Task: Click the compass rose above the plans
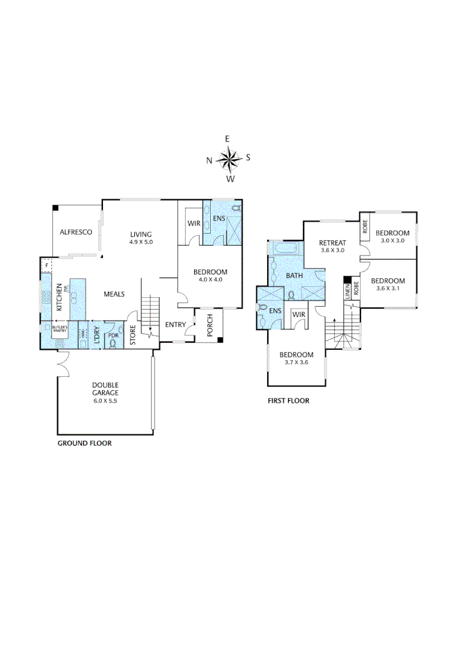[228, 159]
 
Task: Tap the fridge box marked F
[46, 265]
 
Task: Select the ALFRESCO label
[75, 233]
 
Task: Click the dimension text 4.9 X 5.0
[141, 242]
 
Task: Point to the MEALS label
[114, 294]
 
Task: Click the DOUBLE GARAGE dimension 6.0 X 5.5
[105, 401]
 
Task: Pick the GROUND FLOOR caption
[84, 444]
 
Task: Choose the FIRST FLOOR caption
[288, 401]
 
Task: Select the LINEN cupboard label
[347, 292]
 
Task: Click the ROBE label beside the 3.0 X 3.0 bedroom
[364, 228]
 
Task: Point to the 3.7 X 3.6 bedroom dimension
[296, 361]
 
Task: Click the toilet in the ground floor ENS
[235, 209]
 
